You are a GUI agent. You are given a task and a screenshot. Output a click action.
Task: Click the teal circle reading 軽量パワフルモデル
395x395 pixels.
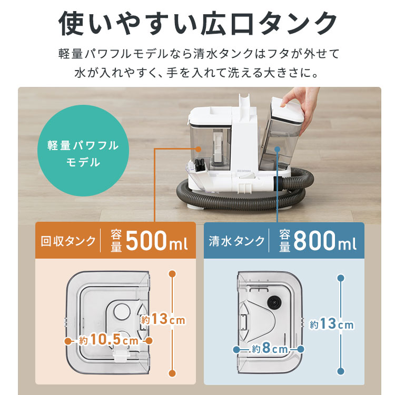point(83,151)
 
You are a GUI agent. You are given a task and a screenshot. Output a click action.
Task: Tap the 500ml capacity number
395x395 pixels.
point(156,241)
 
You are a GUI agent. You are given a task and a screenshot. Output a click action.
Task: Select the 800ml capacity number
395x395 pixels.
point(325,241)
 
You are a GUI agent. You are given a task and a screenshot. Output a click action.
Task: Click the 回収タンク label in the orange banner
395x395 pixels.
point(68,241)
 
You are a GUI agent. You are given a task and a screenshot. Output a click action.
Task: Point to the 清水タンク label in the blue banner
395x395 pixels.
point(236,241)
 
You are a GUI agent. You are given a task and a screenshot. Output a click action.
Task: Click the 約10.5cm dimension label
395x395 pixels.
point(109,340)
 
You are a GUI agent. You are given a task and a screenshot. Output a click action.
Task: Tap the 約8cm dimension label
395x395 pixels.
point(270,349)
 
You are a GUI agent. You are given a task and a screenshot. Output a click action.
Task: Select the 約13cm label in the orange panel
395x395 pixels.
point(163,320)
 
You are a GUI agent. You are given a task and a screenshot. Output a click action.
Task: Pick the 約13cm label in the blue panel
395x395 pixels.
point(331,324)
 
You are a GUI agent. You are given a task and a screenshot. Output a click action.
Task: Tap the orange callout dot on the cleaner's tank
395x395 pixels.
point(198,149)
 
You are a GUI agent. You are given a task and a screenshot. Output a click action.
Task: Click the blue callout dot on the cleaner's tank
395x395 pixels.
point(277,149)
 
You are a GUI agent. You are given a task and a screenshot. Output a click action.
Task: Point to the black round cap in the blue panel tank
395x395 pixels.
point(274,301)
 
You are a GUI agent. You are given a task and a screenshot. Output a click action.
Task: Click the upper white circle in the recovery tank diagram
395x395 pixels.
point(122,311)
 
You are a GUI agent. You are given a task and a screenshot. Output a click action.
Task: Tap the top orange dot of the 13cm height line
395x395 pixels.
point(172,274)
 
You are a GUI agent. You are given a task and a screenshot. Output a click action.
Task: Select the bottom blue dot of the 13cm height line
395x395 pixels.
point(341,371)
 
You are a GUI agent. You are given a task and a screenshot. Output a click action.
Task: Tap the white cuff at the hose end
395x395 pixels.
point(278,182)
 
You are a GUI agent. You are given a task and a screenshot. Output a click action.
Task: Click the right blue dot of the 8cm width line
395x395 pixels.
point(301,349)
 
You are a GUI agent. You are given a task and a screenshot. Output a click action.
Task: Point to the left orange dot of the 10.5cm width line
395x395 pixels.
point(68,341)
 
